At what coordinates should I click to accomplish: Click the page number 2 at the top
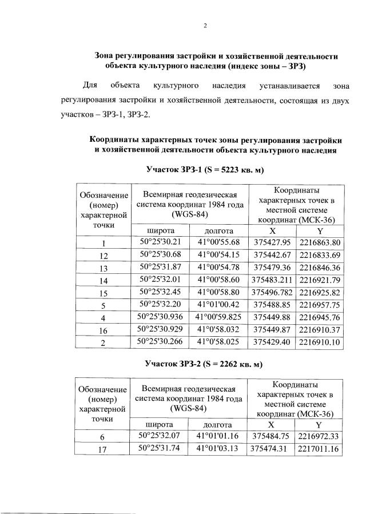click(x=205, y=26)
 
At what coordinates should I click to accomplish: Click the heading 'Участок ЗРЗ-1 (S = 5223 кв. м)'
click(x=205, y=170)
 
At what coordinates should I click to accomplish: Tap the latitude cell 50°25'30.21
click(x=160, y=242)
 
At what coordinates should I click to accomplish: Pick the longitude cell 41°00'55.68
click(x=218, y=242)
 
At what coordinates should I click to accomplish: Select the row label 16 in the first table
click(x=104, y=330)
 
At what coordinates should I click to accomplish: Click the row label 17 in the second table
click(x=104, y=449)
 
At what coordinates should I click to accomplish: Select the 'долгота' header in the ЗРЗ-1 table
click(x=218, y=230)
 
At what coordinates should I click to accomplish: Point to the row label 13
click(x=104, y=268)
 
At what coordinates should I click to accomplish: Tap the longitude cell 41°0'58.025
click(x=218, y=342)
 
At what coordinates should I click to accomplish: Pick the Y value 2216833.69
click(x=319, y=254)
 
